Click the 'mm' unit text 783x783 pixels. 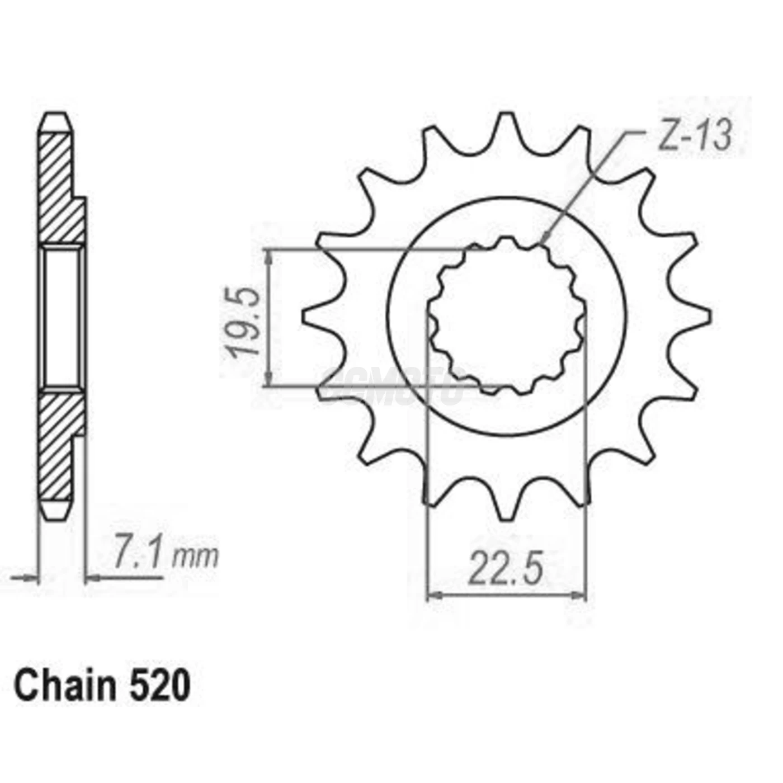point(195,557)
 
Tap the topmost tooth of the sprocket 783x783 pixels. point(506,126)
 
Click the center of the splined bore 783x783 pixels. point(506,317)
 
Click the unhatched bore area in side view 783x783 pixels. point(62,317)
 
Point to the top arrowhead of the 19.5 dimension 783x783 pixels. point(269,255)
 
